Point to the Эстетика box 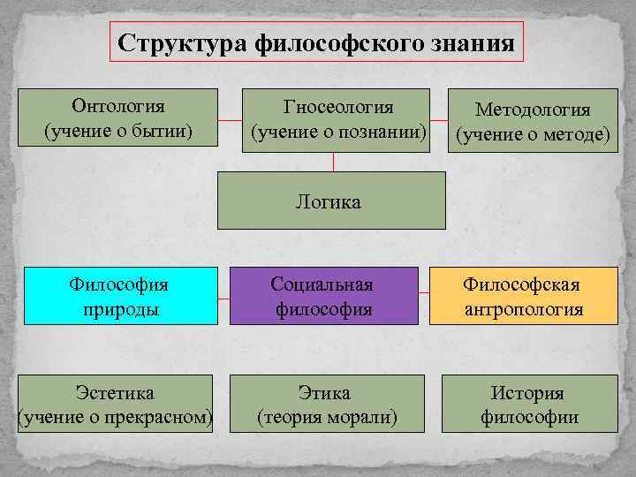[x=116, y=404]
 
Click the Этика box [x=327, y=404]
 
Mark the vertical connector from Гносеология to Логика [x=333, y=161]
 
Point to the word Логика [x=329, y=202]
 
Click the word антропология [x=524, y=309]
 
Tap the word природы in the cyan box [x=120, y=309]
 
